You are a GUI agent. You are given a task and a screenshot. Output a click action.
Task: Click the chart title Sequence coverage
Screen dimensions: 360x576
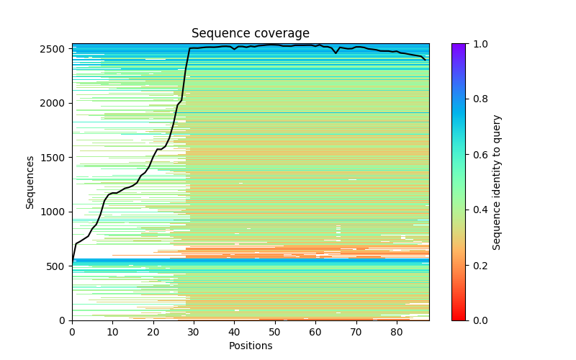click(x=250, y=34)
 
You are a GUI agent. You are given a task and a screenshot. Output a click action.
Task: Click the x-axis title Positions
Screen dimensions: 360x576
click(x=250, y=346)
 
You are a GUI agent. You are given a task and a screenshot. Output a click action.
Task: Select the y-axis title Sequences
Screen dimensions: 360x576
click(x=30, y=181)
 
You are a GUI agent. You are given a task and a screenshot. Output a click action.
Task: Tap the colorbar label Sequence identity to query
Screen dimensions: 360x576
click(x=497, y=181)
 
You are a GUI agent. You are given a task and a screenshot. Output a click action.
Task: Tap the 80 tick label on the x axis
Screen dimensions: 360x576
click(x=397, y=332)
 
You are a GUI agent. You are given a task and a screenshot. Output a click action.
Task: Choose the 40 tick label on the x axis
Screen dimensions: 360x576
click(x=234, y=332)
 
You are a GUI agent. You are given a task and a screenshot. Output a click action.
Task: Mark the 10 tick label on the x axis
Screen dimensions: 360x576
click(x=112, y=332)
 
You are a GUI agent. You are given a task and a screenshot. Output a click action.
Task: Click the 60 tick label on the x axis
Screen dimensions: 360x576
click(x=315, y=332)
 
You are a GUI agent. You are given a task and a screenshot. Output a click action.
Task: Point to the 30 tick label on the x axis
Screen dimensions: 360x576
click(x=194, y=332)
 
